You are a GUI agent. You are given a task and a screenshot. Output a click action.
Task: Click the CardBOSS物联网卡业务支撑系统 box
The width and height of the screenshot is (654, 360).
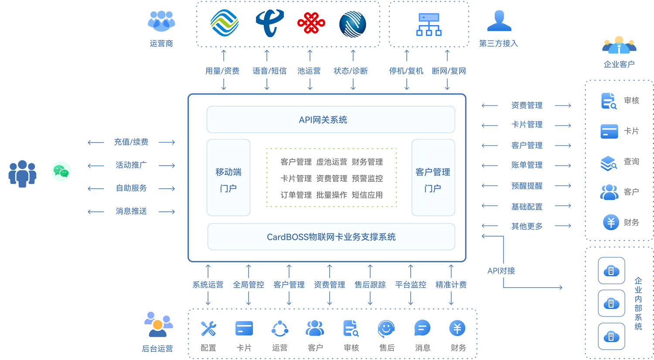coord(331,237)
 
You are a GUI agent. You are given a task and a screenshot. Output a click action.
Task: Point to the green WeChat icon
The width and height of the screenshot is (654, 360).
coord(61,171)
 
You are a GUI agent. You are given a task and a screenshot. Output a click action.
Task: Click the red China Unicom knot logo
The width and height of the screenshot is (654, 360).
coord(311,23)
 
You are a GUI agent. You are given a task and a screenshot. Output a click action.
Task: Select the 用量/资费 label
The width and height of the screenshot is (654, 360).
coord(222,71)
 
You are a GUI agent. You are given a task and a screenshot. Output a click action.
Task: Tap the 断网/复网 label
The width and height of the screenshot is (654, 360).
coord(449,71)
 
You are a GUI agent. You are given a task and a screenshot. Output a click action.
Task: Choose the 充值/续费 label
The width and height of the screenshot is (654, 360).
coord(131,142)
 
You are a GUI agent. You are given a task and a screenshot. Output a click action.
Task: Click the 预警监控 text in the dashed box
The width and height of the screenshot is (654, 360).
coord(367,178)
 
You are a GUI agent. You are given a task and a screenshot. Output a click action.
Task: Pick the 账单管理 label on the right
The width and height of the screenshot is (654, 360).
coord(527,165)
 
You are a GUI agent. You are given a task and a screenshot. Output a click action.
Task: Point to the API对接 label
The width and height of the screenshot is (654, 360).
coord(501,271)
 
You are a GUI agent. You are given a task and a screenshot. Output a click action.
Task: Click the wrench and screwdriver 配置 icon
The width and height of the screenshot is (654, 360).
coord(208,329)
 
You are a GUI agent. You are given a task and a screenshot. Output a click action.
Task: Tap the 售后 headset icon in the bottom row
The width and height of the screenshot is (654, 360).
coord(386,329)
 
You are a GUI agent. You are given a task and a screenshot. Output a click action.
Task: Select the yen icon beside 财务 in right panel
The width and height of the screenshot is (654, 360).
coord(611,222)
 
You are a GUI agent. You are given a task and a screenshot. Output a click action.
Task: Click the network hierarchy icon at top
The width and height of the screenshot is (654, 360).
coord(429,24)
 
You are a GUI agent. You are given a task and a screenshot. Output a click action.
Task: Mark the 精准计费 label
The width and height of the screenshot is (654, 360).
coord(451,285)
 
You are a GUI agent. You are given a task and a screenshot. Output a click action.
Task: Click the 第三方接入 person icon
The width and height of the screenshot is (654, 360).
coord(499,21)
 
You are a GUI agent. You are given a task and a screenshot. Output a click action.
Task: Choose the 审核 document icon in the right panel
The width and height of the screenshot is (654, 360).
coord(609,101)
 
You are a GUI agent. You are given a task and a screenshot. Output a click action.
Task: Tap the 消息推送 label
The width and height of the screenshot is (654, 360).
coord(131,211)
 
